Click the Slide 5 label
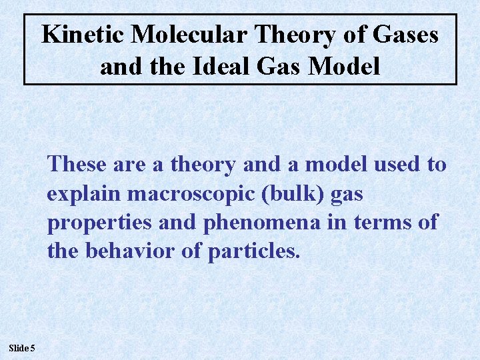pyautogui.click(x=23, y=347)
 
